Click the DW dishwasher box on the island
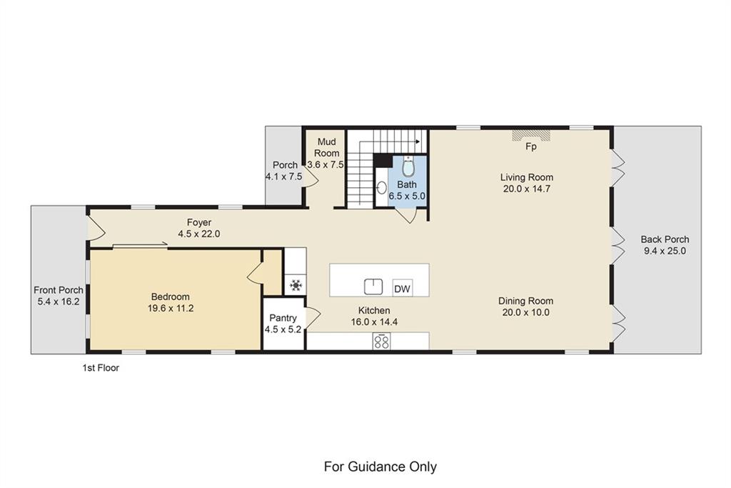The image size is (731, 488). [x=402, y=289]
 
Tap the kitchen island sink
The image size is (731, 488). [x=373, y=287]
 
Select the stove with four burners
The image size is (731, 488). [x=381, y=341]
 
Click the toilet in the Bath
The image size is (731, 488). [x=408, y=167]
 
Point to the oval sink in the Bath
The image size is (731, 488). [x=382, y=188]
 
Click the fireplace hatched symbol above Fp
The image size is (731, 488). [x=531, y=135]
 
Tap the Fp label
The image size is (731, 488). [x=531, y=146]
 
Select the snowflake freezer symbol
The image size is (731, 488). [x=296, y=284]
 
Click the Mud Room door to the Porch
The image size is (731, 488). [x=311, y=178]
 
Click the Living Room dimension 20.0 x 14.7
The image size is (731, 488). [x=527, y=189]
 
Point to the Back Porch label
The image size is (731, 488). [x=665, y=239]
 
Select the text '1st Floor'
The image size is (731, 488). [x=101, y=368]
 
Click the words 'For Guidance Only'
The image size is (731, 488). [x=380, y=467]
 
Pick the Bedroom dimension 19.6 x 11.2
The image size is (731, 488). [x=171, y=309]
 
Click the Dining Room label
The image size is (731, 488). [x=526, y=301]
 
